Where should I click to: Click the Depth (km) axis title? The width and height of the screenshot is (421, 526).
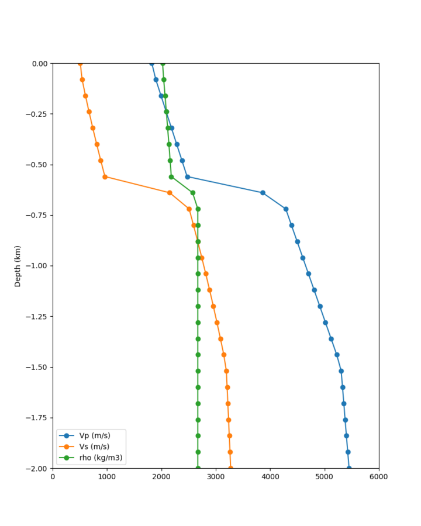(18, 266)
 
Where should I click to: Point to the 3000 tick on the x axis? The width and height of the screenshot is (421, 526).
(216, 476)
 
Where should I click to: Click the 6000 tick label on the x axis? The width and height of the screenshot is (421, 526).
(379, 476)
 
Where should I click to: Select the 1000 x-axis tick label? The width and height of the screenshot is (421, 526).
(107, 476)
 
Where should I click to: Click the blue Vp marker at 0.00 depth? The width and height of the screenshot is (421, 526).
(152, 63)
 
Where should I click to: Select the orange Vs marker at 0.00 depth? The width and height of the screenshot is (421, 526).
(80, 63)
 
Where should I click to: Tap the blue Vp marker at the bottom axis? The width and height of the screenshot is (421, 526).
(349, 468)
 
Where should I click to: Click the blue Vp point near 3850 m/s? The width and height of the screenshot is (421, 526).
(263, 193)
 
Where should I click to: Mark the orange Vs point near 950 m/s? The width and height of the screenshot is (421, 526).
(105, 177)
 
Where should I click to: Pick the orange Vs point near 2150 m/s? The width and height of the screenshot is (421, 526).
(170, 193)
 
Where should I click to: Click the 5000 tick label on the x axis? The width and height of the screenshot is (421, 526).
(325, 476)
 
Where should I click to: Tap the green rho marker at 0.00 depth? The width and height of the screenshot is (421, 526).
(163, 63)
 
